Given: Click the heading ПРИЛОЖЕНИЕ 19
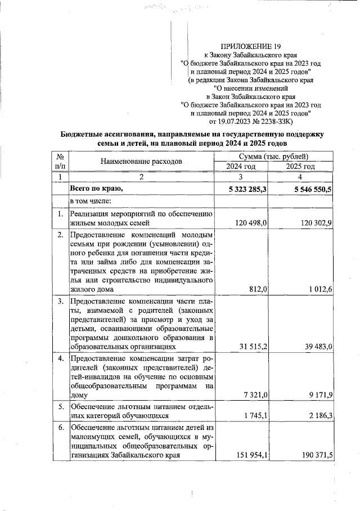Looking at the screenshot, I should (x=251, y=46).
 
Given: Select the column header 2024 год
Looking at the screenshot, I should (x=241, y=167).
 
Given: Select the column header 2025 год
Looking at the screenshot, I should (x=301, y=167).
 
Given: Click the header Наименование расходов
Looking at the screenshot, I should (x=141, y=162).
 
